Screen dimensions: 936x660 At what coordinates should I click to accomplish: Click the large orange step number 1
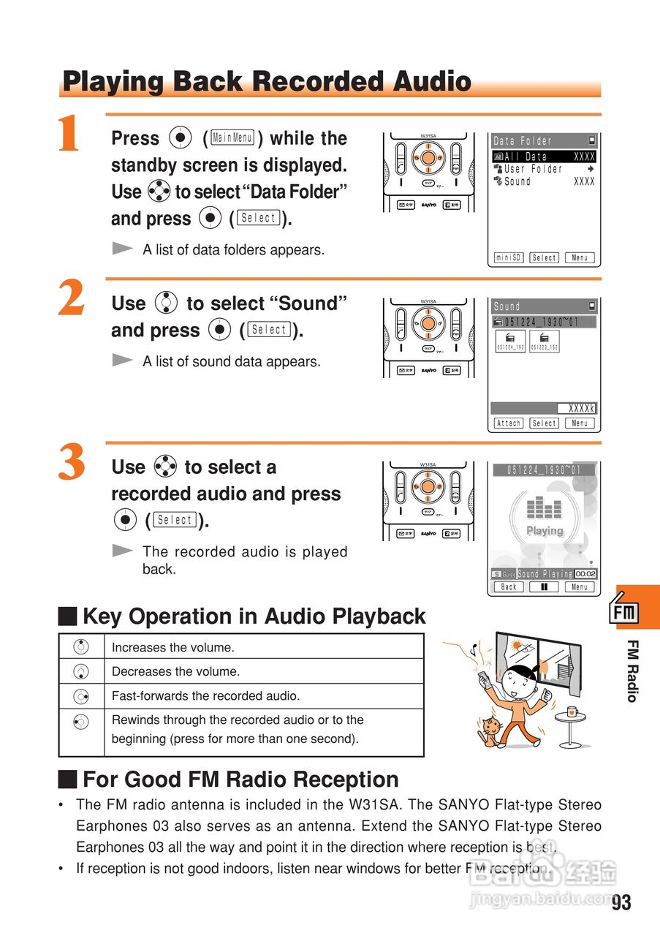click(69, 135)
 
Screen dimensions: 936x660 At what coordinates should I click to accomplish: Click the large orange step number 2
click(71, 300)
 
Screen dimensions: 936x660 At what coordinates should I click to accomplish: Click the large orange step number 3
click(71, 464)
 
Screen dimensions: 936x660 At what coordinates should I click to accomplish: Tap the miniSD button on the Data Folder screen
click(509, 257)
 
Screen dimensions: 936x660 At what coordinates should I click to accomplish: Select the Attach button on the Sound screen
click(509, 423)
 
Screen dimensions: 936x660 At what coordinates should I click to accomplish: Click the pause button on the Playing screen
click(544, 586)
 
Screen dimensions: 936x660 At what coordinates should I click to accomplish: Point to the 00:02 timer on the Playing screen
click(585, 574)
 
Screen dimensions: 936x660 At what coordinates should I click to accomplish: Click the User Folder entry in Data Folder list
click(533, 169)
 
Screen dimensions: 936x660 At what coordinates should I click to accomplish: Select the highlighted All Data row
click(545, 156)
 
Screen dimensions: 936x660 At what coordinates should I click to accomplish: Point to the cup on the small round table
click(572, 711)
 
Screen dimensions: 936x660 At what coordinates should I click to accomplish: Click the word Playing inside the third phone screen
click(545, 531)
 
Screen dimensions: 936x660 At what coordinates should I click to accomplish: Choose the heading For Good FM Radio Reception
click(240, 779)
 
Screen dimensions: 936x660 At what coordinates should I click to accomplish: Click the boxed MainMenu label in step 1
click(232, 137)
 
